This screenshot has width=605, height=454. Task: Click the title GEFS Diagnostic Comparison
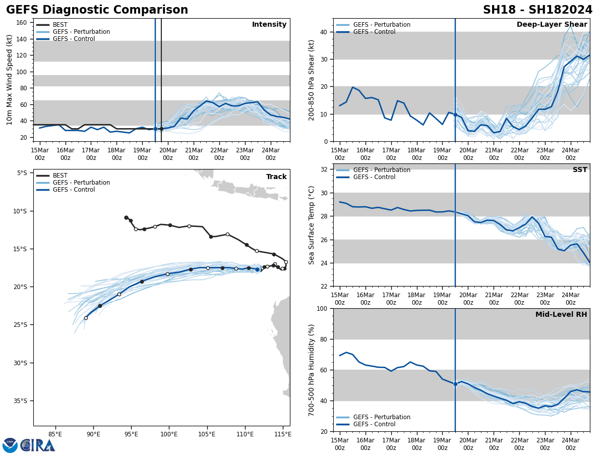coord(97,10)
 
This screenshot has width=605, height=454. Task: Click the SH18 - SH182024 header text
coord(537,10)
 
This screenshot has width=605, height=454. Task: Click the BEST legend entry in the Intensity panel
coord(60,25)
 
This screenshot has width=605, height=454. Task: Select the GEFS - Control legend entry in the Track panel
coord(74,190)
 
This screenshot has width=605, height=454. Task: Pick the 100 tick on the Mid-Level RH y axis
coord(320,309)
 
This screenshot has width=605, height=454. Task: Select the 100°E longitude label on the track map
coord(169,433)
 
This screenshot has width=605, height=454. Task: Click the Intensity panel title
coord(269,25)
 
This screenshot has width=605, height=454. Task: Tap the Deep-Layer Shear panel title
coord(552,25)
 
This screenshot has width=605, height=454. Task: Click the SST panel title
coord(580,170)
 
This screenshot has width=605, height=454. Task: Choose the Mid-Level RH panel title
coord(561,315)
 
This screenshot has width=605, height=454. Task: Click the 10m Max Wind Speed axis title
coord(10,80)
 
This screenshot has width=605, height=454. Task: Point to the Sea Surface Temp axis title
coord(312,225)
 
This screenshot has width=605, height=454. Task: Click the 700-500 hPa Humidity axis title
coord(312,370)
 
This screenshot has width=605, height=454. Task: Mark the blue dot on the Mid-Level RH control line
coord(455,384)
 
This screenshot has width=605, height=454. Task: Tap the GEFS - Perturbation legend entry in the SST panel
coord(382,170)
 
